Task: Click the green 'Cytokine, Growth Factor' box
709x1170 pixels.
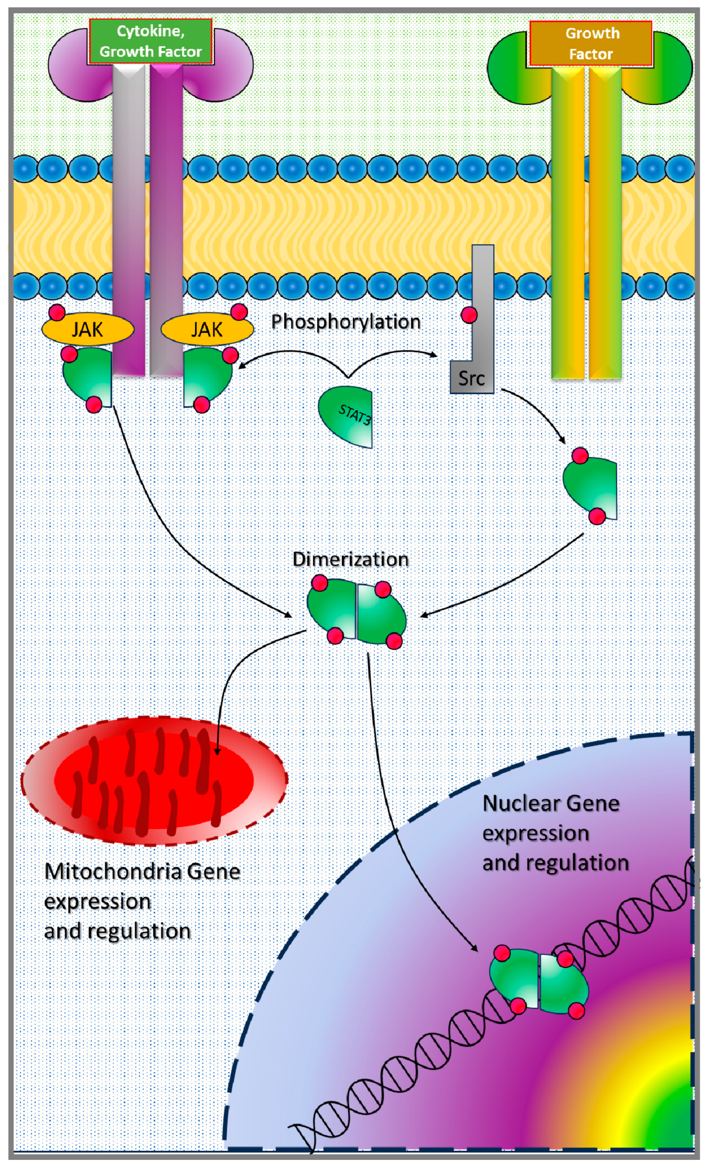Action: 151,41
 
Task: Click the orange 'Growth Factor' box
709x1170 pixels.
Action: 591,43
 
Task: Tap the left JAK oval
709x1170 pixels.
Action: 88,329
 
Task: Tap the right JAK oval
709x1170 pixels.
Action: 207,329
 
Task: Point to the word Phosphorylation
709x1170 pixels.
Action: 346,322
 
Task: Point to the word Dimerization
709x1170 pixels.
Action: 351,559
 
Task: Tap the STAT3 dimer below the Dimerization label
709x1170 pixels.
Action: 356,612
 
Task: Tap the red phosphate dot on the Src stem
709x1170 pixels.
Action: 469,315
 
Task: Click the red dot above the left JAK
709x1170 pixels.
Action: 57,312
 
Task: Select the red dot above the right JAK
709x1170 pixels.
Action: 239,312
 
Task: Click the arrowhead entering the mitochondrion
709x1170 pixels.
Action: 217,751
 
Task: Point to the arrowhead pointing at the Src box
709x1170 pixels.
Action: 433,354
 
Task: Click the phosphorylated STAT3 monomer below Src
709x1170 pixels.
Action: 591,486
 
